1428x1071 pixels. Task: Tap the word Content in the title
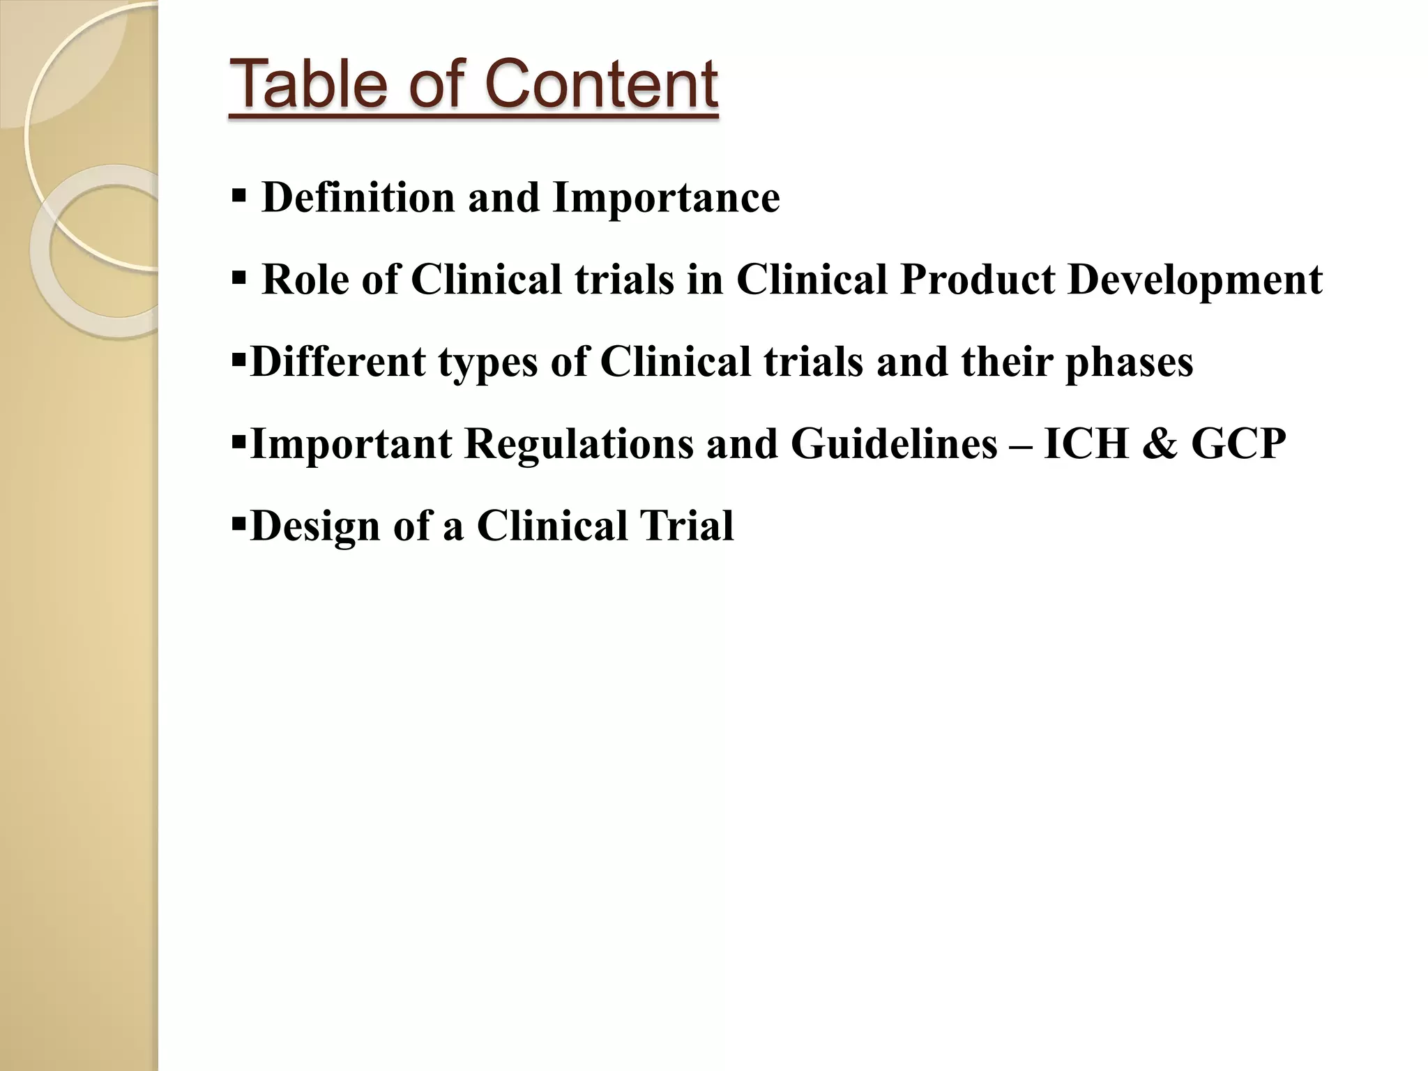click(600, 84)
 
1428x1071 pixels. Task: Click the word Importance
click(666, 197)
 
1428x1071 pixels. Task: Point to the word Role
click(305, 280)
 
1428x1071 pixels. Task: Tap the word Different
click(337, 362)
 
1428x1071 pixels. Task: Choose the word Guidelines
click(895, 444)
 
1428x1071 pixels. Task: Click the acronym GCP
click(1238, 443)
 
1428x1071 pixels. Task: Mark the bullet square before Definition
click(238, 196)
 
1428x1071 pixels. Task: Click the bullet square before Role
click(238, 278)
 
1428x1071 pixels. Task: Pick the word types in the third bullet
click(488, 363)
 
